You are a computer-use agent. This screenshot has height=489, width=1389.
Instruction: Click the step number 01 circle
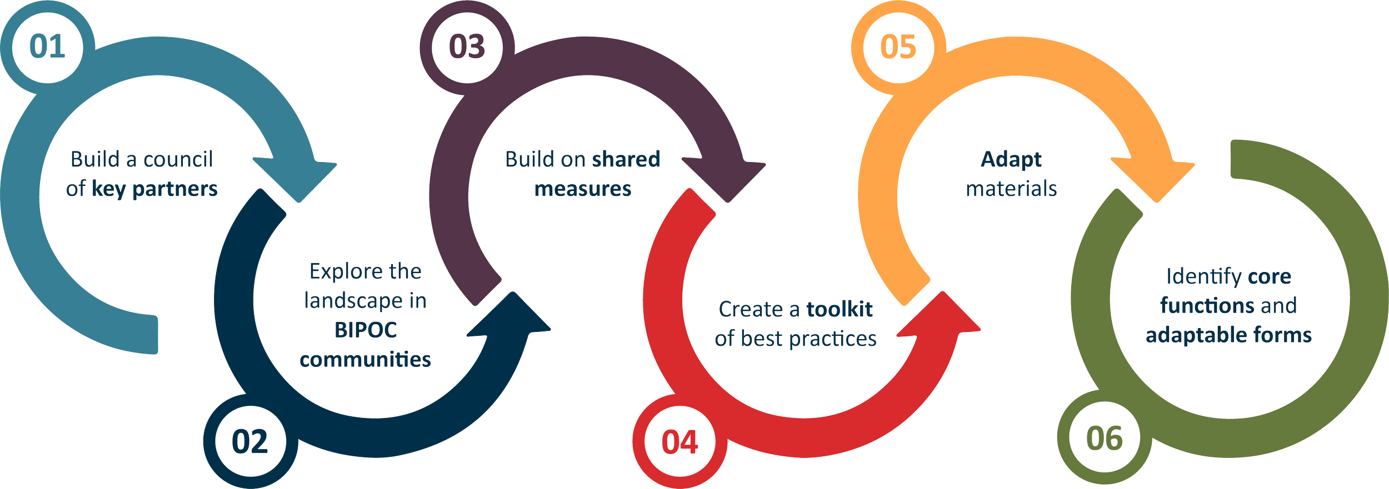tap(47, 47)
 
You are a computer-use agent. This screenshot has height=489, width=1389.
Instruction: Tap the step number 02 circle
tap(250, 442)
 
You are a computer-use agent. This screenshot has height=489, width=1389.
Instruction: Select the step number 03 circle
tap(467, 47)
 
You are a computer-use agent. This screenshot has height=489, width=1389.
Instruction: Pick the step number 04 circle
tap(679, 442)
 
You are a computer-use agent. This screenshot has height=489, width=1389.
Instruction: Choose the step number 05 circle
tap(898, 47)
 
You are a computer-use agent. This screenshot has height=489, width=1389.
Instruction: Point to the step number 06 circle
tap(1105, 438)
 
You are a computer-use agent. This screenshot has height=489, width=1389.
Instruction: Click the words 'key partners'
tap(154, 189)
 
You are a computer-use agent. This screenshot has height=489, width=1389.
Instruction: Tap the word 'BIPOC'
tap(366, 330)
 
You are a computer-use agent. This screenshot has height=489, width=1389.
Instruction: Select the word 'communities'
tap(365, 360)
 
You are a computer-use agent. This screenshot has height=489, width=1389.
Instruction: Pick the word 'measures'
tap(583, 189)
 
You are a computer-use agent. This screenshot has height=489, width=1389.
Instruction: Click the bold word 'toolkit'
tap(840, 309)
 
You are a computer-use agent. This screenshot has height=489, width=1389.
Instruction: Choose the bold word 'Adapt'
tap(1011, 159)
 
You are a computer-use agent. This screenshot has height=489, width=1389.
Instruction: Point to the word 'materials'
tap(1011, 189)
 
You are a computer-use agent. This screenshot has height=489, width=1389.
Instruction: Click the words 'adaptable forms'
tap(1228, 335)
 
